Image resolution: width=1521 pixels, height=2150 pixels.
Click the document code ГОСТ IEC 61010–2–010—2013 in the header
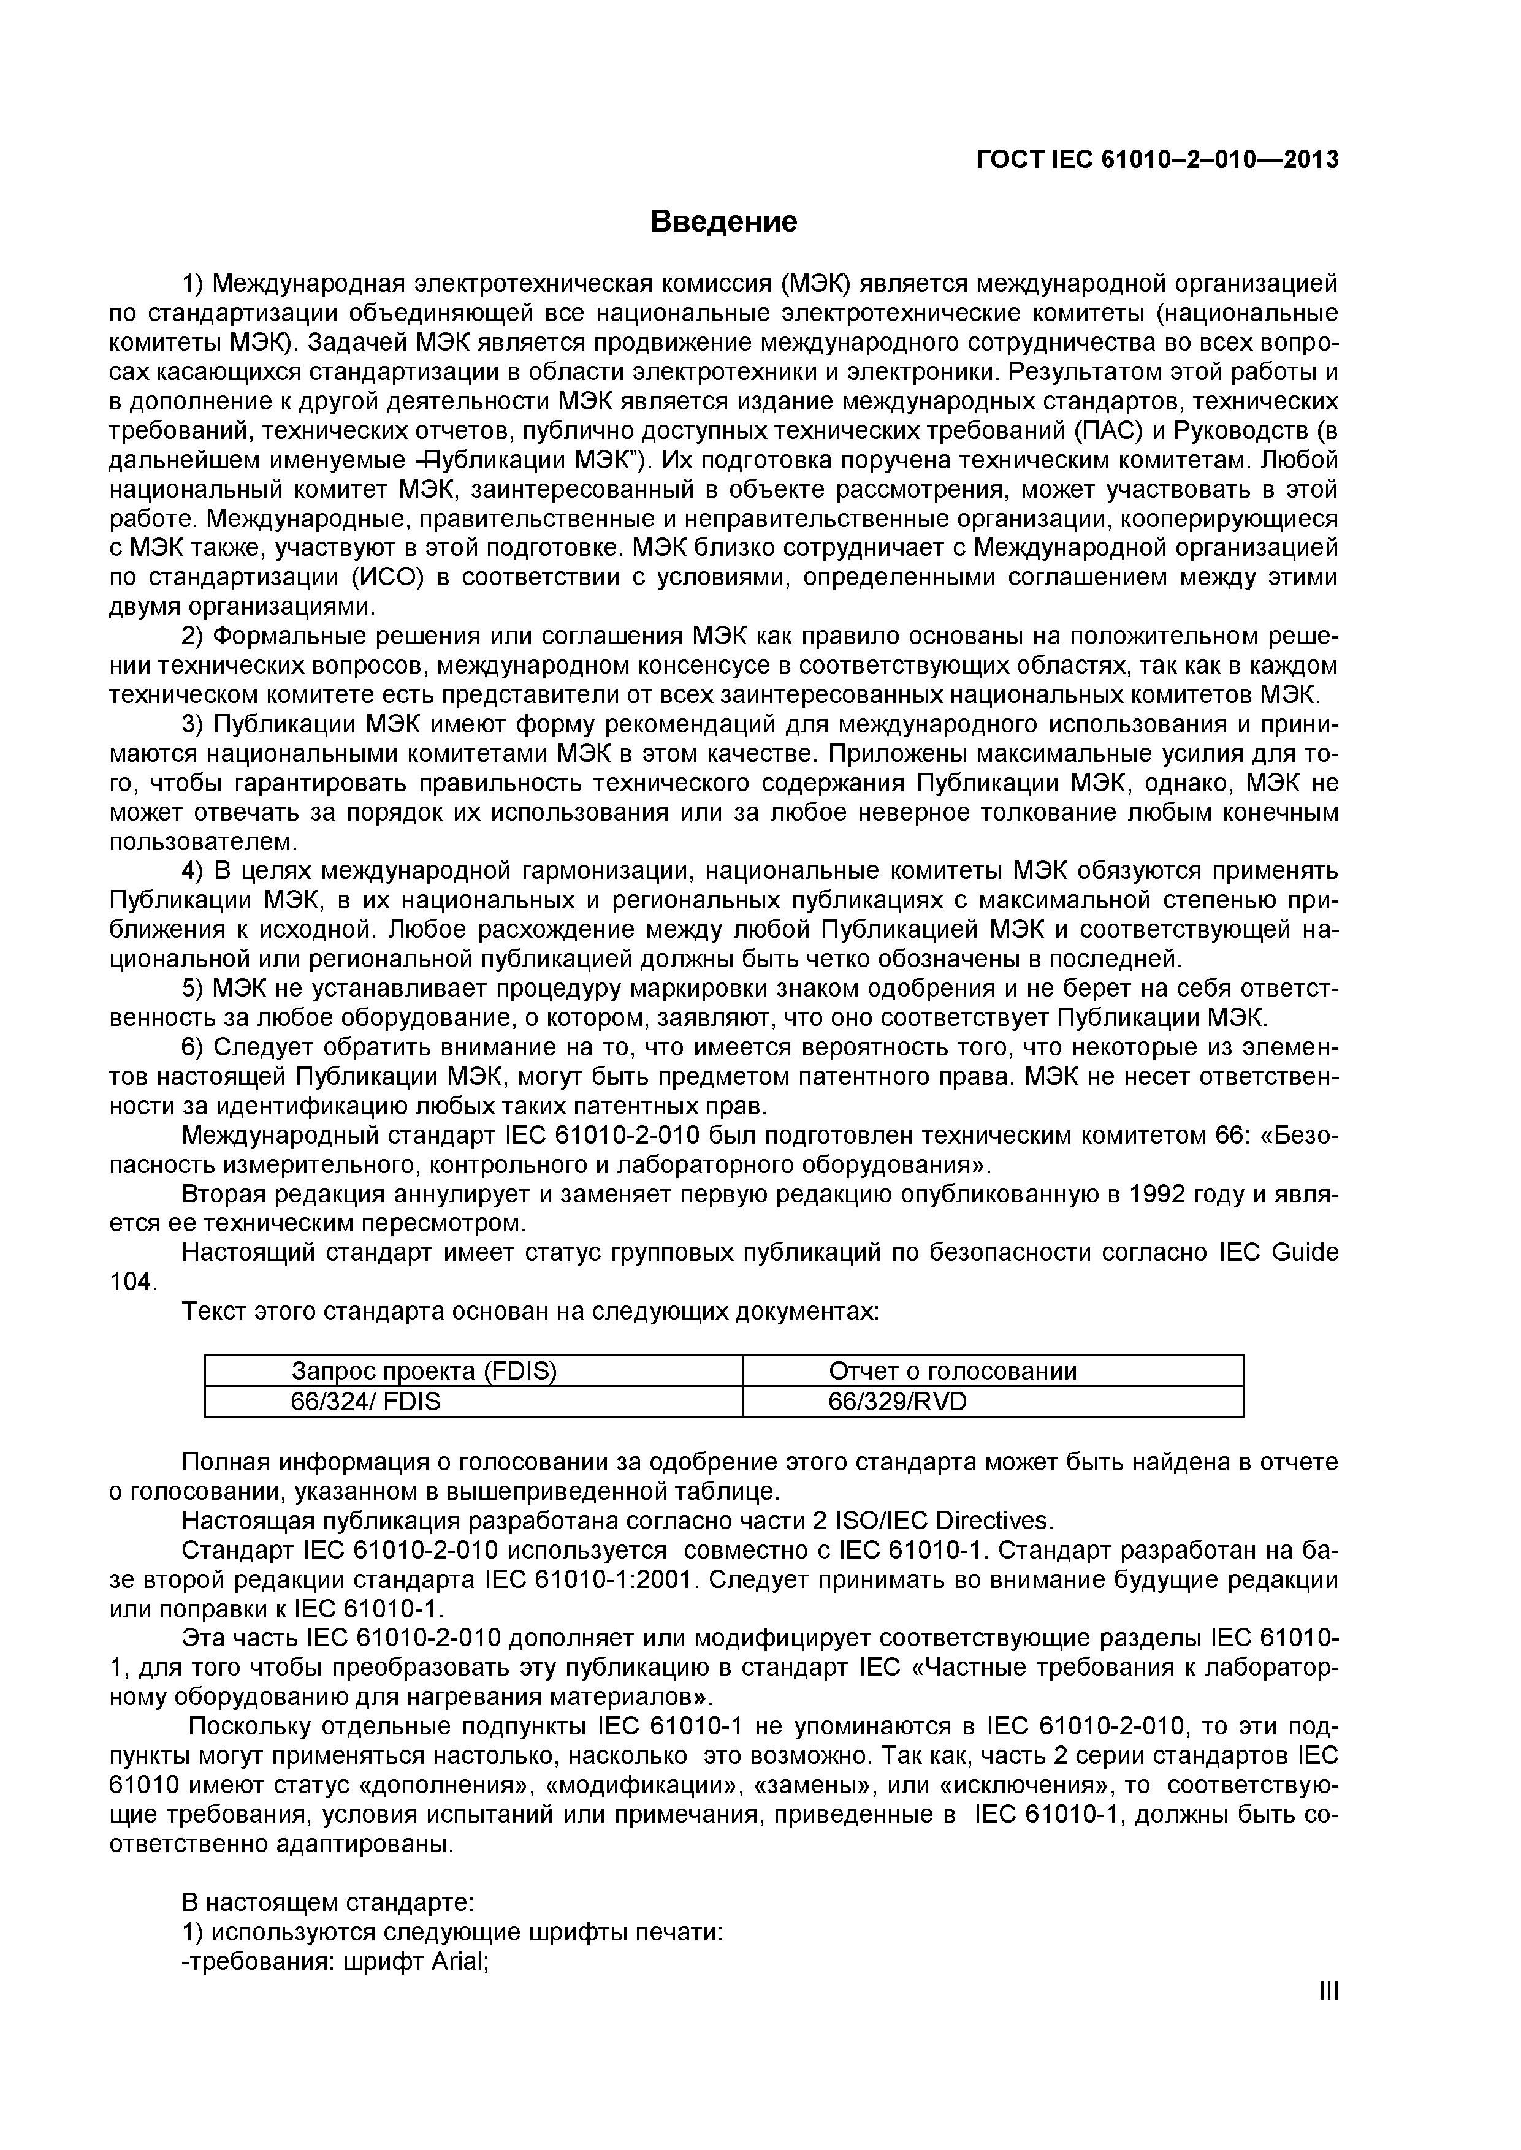(1157, 160)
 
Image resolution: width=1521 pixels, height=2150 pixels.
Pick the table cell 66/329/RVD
(898, 1402)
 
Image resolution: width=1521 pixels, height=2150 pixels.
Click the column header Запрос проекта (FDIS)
(424, 1372)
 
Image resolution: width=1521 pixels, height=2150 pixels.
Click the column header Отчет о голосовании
(953, 1372)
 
